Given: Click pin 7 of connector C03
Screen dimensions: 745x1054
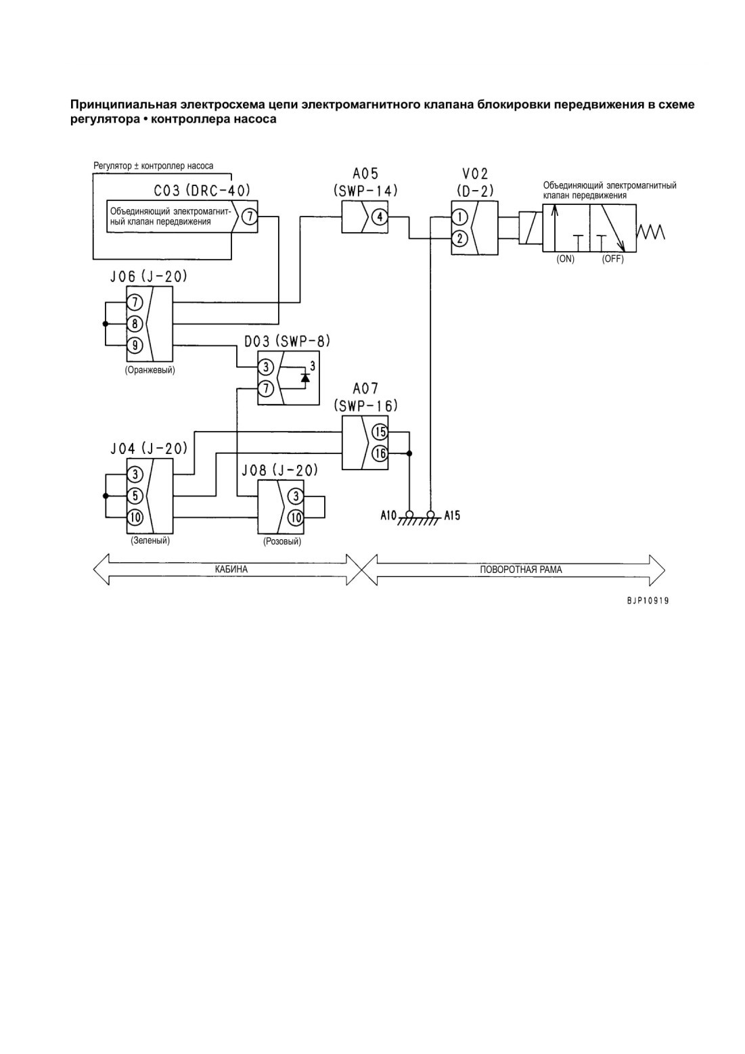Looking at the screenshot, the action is point(250,217).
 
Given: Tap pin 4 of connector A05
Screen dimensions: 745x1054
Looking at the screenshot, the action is point(380,217).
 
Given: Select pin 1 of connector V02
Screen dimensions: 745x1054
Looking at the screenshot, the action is point(459,217).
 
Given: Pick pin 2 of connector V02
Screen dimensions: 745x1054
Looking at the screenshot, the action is point(459,239).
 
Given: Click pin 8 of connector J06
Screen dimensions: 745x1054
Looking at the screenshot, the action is point(135,324).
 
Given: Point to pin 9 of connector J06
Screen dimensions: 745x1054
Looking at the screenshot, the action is point(135,346).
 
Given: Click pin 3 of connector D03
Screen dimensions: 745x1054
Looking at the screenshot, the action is point(266,367).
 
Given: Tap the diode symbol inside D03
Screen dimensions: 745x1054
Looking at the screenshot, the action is point(305,377).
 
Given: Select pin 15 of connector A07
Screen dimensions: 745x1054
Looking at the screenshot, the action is point(380,432).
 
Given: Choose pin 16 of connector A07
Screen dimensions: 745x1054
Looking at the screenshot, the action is point(380,453).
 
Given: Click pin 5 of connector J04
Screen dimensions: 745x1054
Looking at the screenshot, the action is point(135,495).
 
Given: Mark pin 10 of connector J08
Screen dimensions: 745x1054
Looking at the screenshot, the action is point(296,517).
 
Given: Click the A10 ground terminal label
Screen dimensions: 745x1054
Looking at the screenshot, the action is point(388,516).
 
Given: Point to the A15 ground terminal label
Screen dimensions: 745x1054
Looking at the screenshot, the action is point(452,516).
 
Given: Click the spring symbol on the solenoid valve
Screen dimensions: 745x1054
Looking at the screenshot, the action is point(650,231).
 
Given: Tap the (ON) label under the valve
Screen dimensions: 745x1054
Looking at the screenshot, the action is point(565,259).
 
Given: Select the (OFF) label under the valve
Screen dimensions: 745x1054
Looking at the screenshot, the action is point(612,259).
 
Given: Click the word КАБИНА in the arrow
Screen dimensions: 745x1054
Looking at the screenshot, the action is point(231,570).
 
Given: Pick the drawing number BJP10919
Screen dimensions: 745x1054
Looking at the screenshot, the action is point(648,601).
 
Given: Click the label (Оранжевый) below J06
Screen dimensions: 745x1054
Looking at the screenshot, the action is point(150,370).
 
